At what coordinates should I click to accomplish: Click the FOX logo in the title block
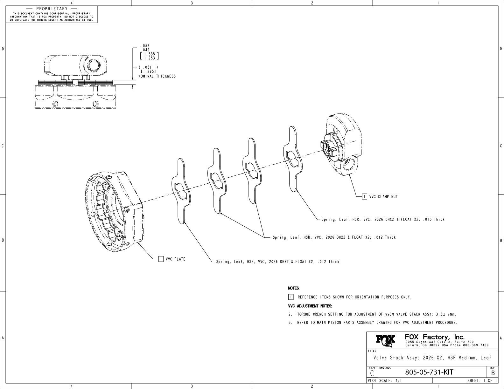coord(386,341)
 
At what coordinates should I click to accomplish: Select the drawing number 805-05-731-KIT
coord(429,372)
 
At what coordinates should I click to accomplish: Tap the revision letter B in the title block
coord(493,373)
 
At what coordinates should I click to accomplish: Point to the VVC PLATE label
coord(175,259)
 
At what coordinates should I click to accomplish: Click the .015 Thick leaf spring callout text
coord(383,219)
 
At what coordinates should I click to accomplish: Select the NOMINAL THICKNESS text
coord(157,76)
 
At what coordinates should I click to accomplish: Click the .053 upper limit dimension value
coord(145,46)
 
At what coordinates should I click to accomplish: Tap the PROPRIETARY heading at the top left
coord(52,9)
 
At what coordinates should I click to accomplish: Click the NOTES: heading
coord(294,288)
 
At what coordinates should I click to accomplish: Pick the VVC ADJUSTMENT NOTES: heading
coord(310,306)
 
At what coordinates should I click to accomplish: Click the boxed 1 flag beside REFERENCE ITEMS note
coord(291,297)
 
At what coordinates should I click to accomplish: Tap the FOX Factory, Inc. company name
coord(435,337)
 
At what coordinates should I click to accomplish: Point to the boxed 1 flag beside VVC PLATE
coord(161,259)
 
